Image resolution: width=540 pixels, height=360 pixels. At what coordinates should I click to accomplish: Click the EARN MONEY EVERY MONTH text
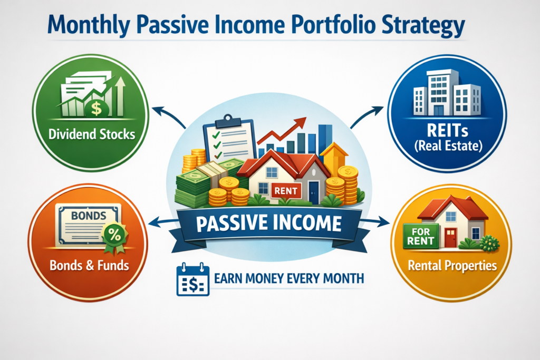point(289,277)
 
